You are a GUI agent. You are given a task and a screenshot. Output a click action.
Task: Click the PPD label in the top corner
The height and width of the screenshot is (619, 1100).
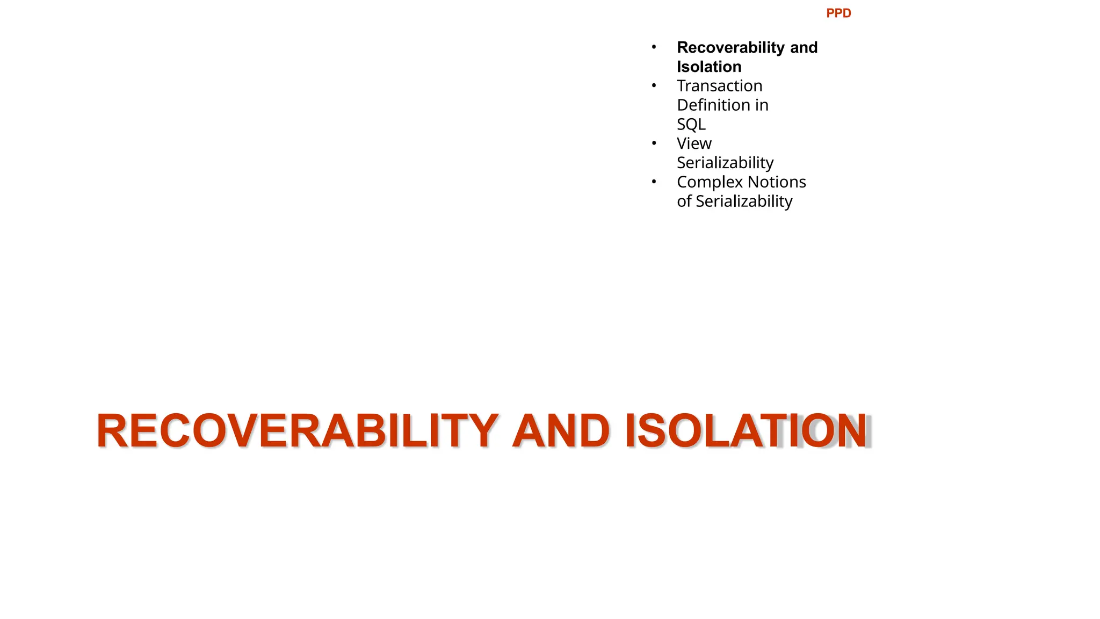(838, 13)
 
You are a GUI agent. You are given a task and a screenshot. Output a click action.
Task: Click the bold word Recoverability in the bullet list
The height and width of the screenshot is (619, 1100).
(731, 47)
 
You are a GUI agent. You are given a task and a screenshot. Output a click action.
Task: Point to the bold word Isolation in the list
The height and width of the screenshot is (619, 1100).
(709, 67)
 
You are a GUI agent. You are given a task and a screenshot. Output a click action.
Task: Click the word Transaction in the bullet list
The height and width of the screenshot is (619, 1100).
(719, 86)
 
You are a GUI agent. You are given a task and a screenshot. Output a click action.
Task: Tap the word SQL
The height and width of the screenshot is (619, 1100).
(691, 124)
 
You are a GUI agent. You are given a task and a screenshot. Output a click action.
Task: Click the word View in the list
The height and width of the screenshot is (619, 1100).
(694, 143)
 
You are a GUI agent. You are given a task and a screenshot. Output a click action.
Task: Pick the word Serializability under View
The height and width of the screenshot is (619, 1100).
(725, 163)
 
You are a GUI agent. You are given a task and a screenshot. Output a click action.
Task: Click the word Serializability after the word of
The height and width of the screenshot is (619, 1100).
(744, 201)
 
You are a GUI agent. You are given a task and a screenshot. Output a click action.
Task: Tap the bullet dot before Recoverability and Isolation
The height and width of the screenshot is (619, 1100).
(654, 47)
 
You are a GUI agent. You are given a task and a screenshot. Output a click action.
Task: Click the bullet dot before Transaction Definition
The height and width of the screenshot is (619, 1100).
(654, 86)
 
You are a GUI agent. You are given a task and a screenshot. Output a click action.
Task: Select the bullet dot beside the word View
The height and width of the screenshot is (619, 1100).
(654, 143)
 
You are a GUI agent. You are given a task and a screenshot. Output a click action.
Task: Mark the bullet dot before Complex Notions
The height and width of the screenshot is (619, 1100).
(654, 182)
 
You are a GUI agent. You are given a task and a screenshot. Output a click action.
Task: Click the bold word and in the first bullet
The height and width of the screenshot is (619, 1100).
(804, 47)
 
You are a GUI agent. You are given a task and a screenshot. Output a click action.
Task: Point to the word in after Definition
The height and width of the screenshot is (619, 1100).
(762, 105)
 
